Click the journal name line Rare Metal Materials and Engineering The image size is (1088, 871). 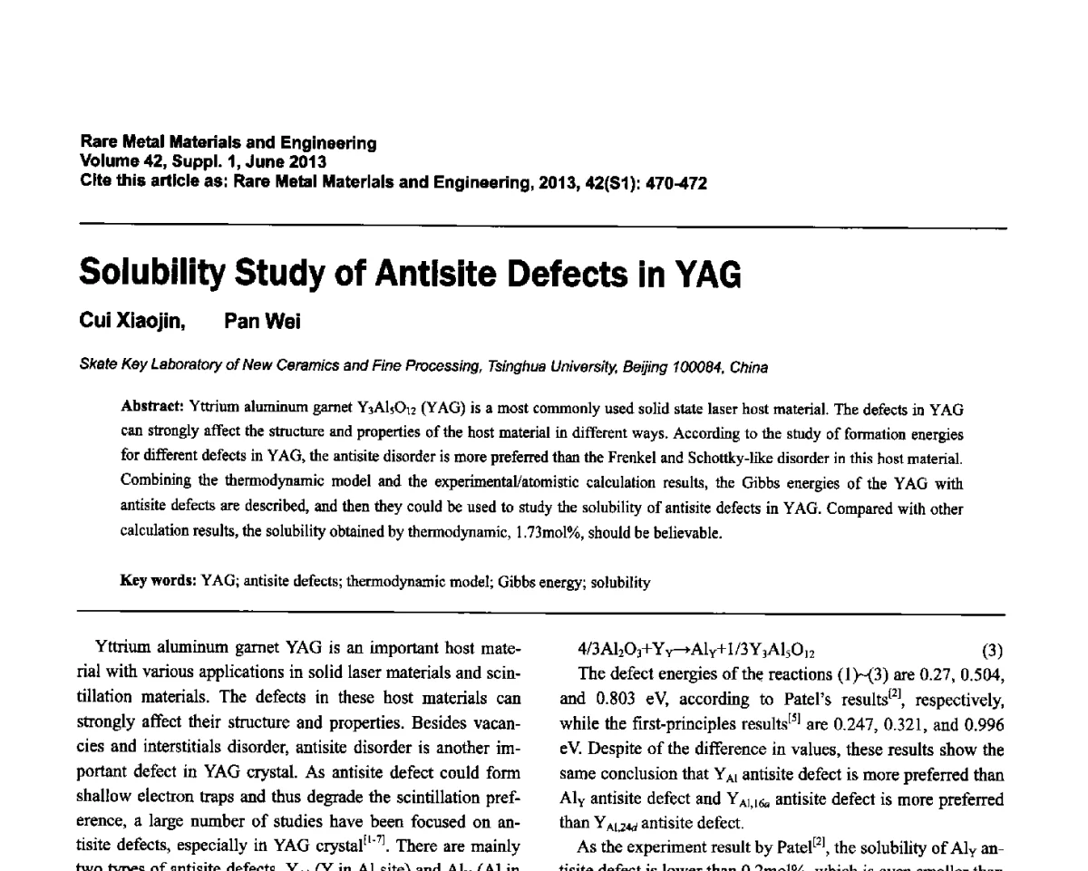[228, 143]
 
